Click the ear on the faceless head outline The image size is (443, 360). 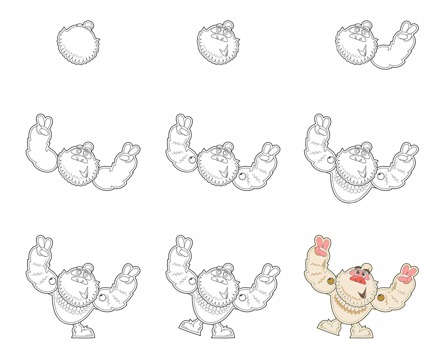pyautogui.click(x=89, y=25)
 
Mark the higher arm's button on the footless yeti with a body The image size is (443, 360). pyautogui.click(x=331, y=160)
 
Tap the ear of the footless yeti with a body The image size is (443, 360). pyautogui.click(x=367, y=146)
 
